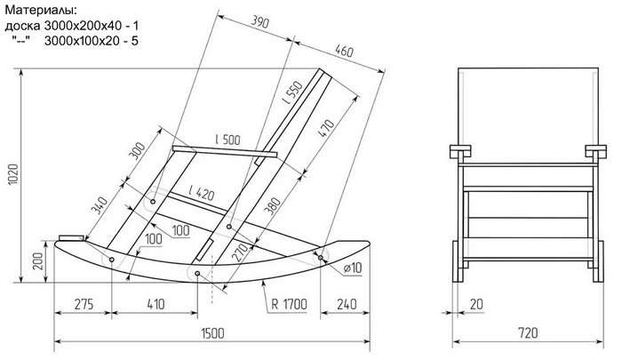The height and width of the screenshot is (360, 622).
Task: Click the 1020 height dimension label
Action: [13, 174]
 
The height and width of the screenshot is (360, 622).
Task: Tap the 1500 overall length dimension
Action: [212, 333]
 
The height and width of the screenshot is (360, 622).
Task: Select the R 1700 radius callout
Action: [289, 304]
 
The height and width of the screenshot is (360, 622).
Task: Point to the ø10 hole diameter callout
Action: [353, 268]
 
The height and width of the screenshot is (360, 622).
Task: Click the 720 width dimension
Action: [528, 332]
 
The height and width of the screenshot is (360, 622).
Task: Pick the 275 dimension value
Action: [84, 304]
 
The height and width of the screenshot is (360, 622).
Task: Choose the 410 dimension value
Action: [155, 304]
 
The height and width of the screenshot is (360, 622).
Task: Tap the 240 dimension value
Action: [347, 304]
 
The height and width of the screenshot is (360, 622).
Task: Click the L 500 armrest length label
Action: [227, 140]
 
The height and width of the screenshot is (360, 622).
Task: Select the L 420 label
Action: [202, 193]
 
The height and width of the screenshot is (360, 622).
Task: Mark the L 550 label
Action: [292, 92]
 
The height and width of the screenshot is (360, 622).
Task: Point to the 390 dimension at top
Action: [260, 22]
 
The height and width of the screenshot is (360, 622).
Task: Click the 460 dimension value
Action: [344, 52]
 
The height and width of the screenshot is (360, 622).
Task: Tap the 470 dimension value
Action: [326, 127]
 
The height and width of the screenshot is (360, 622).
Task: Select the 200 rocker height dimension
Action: [38, 260]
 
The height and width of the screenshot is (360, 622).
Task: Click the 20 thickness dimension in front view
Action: [476, 304]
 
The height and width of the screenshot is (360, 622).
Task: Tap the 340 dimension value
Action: [99, 205]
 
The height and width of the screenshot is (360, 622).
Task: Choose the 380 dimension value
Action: [273, 206]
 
